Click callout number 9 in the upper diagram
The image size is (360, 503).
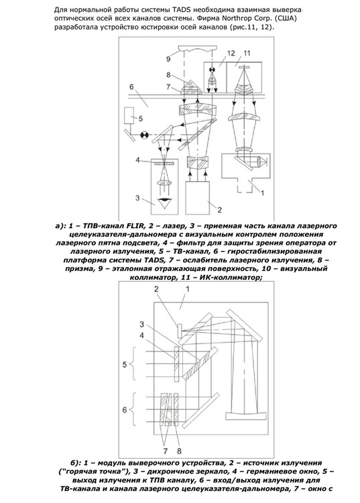169,59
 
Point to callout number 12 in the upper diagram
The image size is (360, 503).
231,53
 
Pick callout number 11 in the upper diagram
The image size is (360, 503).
247,53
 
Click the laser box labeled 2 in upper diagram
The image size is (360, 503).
198,197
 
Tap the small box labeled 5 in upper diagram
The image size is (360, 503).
130,115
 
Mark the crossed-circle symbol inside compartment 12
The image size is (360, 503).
213,70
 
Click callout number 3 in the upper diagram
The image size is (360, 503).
137,197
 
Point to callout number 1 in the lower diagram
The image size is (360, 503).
188,289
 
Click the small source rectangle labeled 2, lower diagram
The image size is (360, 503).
179,331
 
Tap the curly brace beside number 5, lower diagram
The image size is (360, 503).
134,364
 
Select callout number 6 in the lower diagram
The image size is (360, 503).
125,410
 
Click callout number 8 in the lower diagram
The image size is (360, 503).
179,451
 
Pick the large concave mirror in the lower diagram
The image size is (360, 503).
245,416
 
